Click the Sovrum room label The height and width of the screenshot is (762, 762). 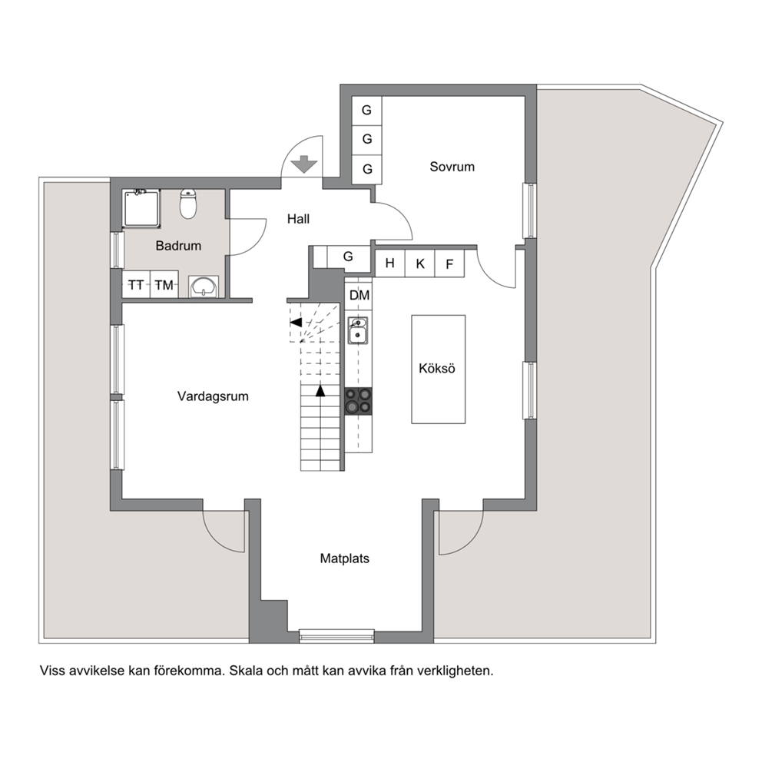coord(452,167)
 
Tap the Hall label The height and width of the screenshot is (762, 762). coord(298,219)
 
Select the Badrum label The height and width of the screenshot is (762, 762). coord(178,245)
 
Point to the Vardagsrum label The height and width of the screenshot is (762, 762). coord(213,396)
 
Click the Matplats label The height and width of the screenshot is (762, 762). coord(345,558)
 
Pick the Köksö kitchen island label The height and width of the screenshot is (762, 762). coord(437,369)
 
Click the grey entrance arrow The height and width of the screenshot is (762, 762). coord(304,164)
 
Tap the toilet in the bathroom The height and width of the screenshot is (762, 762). coord(187,204)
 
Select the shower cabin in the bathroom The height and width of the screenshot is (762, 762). coord(142,208)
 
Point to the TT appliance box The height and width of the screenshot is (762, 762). coord(136,284)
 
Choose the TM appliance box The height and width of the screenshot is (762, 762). coord(164,284)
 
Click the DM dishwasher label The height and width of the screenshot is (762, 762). coord(359,295)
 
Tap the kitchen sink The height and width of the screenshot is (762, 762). coord(358,330)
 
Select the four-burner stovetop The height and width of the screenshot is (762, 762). coord(358,401)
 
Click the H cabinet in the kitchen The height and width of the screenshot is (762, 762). coord(390,263)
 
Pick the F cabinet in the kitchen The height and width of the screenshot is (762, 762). coord(449,263)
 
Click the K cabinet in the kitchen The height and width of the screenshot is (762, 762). coord(420,263)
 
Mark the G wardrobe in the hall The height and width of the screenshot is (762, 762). coord(349,257)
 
